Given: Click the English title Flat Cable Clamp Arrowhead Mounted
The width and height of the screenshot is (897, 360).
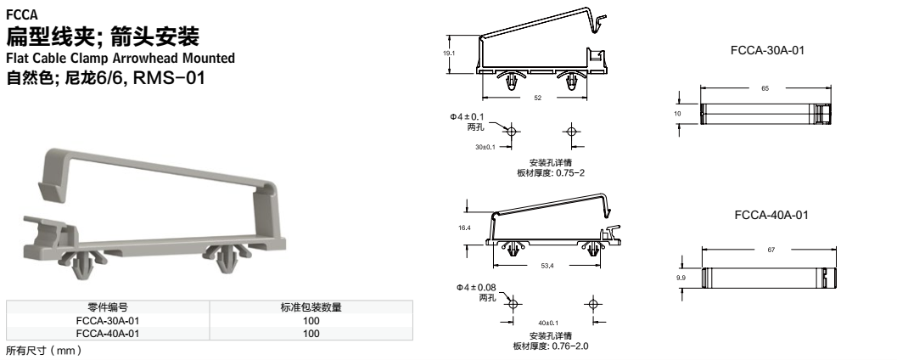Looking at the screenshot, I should point(121,59).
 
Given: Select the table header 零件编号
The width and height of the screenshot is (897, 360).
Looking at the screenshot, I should point(108,307).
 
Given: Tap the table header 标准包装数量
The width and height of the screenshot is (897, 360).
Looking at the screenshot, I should point(311,307).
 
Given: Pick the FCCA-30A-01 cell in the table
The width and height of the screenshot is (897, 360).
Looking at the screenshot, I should point(108,321).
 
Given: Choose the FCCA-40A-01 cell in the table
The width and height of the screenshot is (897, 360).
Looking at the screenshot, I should point(108,334).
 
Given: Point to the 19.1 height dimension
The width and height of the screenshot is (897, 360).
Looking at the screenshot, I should point(450,53).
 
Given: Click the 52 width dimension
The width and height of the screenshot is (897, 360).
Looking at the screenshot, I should point(537,98).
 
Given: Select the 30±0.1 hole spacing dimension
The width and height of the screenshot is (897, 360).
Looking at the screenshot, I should point(485,147).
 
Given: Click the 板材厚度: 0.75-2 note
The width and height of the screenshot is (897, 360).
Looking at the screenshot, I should point(552,172).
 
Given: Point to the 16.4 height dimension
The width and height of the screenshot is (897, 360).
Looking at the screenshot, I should point(464,228).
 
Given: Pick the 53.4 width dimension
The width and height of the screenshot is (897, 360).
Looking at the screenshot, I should point(547,266).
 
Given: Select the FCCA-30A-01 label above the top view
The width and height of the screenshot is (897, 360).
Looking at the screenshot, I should point(767,51).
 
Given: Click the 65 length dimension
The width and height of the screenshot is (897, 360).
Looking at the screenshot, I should point(765,87).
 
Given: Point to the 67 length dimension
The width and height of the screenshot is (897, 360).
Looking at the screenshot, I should point(770,250).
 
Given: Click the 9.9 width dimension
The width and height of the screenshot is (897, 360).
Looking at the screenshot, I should point(680,277).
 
